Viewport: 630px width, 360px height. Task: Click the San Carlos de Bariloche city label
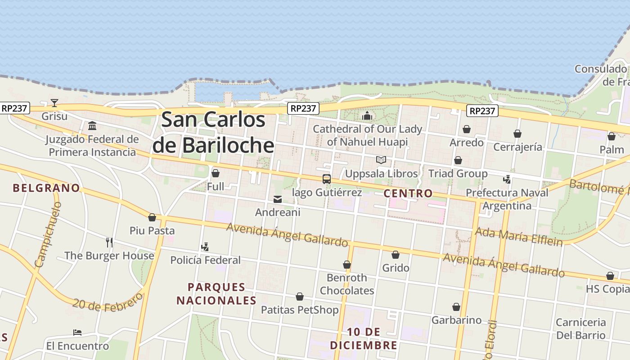(x=213, y=132)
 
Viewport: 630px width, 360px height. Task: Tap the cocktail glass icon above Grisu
(x=54, y=103)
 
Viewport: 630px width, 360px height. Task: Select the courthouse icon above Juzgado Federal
(x=92, y=126)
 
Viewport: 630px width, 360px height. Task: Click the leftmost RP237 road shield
(x=15, y=108)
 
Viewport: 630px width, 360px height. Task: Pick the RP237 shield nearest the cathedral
(x=303, y=108)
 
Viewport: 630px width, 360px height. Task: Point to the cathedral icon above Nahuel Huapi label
(x=367, y=116)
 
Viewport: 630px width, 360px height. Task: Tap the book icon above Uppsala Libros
(x=381, y=160)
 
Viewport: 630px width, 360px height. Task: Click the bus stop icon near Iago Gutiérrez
(x=327, y=179)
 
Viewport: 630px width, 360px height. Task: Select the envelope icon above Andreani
(x=278, y=199)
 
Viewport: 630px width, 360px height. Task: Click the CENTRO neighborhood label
(x=408, y=193)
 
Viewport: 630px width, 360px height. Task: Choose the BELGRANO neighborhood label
(x=46, y=188)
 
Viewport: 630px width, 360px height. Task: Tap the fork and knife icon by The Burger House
(x=109, y=243)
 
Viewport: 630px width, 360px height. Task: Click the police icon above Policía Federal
(x=205, y=247)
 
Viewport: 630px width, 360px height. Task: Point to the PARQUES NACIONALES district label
(x=216, y=293)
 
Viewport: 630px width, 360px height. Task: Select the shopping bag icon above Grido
(x=396, y=255)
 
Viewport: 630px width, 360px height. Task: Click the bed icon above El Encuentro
(x=77, y=333)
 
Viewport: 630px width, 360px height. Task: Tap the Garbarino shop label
(x=456, y=320)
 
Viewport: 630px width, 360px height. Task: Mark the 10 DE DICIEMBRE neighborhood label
(x=364, y=338)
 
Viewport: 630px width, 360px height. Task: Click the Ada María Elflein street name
(x=519, y=237)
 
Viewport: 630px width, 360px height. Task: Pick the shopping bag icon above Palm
(x=612, y=136)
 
